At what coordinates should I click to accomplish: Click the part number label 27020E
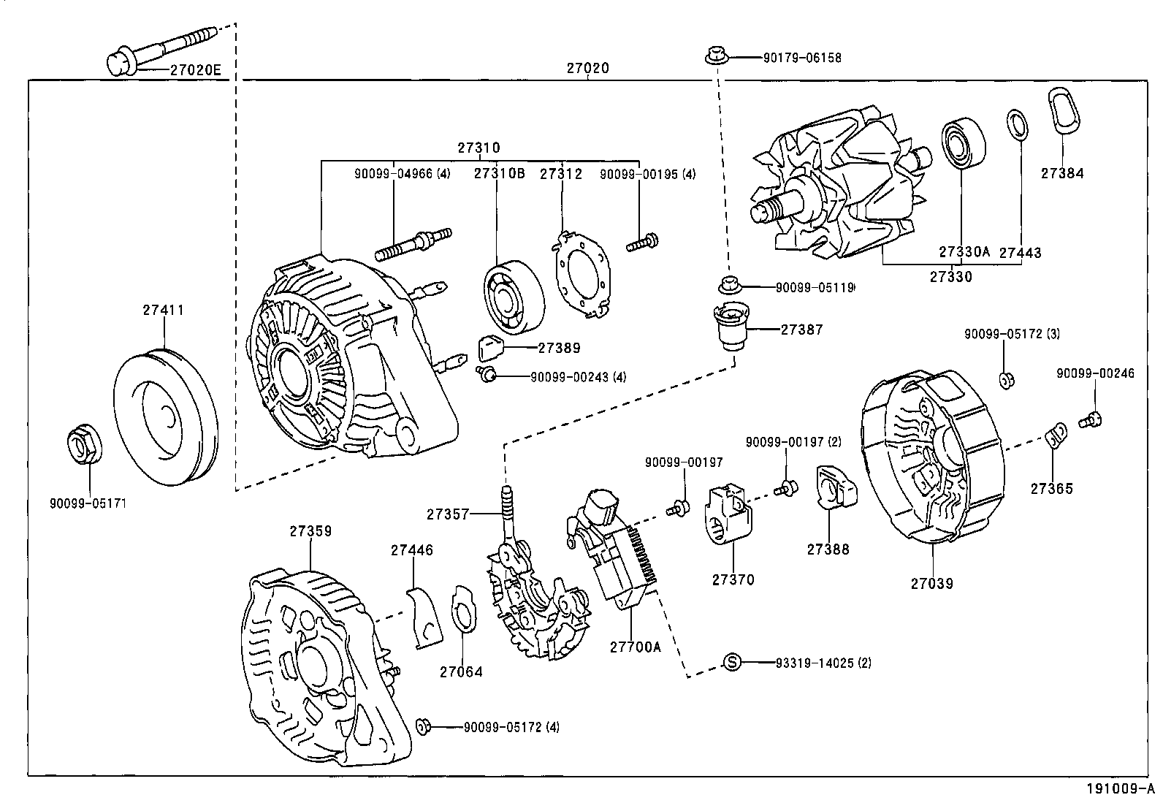pos(195,70)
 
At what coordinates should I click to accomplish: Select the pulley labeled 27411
pos(167,418)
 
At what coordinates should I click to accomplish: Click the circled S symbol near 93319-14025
pos(732,662)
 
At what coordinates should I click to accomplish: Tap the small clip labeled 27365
pos(1055,437)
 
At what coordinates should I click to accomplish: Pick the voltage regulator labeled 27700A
pos(621,555)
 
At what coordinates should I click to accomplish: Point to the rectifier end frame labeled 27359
pos(314,676)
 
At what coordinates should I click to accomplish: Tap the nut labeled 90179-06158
pos(715,56)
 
